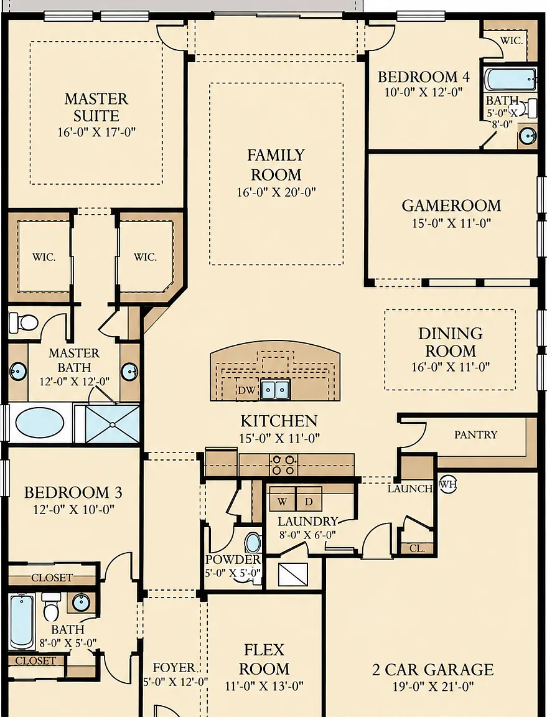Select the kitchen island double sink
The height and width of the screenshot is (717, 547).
tap(275, 390)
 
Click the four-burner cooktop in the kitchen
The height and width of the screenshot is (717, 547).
tap(283, 464)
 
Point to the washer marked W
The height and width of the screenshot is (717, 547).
tap(282, 502)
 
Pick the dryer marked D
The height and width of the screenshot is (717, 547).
tap(309, 502)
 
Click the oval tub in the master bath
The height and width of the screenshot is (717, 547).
tap(40, 423)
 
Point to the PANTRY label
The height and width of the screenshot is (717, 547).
tap(475, 434)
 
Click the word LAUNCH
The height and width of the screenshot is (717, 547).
tap(410, 489)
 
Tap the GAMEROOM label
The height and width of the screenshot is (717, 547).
tap(451, 206)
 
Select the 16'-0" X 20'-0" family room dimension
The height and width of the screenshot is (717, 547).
tap(276, 192)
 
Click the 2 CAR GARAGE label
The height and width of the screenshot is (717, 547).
tap(432, 670)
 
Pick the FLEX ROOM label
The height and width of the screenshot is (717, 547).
tap(264, 659)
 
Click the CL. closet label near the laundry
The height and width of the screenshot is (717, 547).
tap(417, 548)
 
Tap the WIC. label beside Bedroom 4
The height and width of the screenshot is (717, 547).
tap(511, 40)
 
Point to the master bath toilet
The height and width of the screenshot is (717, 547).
tap(23, 323)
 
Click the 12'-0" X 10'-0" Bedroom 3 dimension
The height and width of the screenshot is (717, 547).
tap(73, 509)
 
